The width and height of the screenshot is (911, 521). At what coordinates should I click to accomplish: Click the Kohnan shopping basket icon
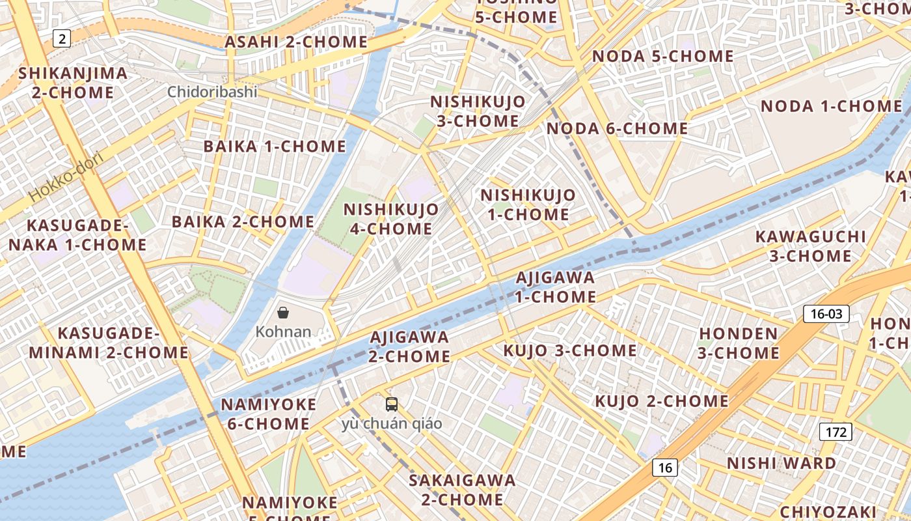283,313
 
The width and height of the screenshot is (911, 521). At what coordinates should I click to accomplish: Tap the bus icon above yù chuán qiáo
392,404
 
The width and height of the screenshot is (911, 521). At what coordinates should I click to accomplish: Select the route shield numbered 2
62,39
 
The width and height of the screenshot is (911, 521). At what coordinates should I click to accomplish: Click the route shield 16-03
826,314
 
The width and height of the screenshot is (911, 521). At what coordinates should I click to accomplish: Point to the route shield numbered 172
836,431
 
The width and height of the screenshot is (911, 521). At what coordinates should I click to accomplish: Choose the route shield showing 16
664,467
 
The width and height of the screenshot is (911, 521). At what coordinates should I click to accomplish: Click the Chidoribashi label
212,92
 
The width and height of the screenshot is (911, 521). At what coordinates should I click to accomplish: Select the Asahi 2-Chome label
296,42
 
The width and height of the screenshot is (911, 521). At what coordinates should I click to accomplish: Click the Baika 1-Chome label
275,147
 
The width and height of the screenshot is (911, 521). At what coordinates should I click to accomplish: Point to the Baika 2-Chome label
243,221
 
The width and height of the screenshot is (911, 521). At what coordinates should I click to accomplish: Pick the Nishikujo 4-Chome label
391,219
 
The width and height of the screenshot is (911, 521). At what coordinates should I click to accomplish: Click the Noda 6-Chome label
617,128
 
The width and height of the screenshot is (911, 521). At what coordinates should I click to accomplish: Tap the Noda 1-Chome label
831,106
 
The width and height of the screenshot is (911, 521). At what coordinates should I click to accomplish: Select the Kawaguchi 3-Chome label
810,246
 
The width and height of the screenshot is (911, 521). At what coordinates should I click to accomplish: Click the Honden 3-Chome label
738,343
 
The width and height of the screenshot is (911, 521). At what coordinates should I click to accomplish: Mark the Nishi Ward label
782,463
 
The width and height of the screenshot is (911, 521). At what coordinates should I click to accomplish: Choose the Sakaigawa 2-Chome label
462,490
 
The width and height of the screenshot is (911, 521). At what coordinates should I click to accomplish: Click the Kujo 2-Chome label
662,401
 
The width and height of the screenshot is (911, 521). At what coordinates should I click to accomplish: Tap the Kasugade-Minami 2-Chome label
109,343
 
